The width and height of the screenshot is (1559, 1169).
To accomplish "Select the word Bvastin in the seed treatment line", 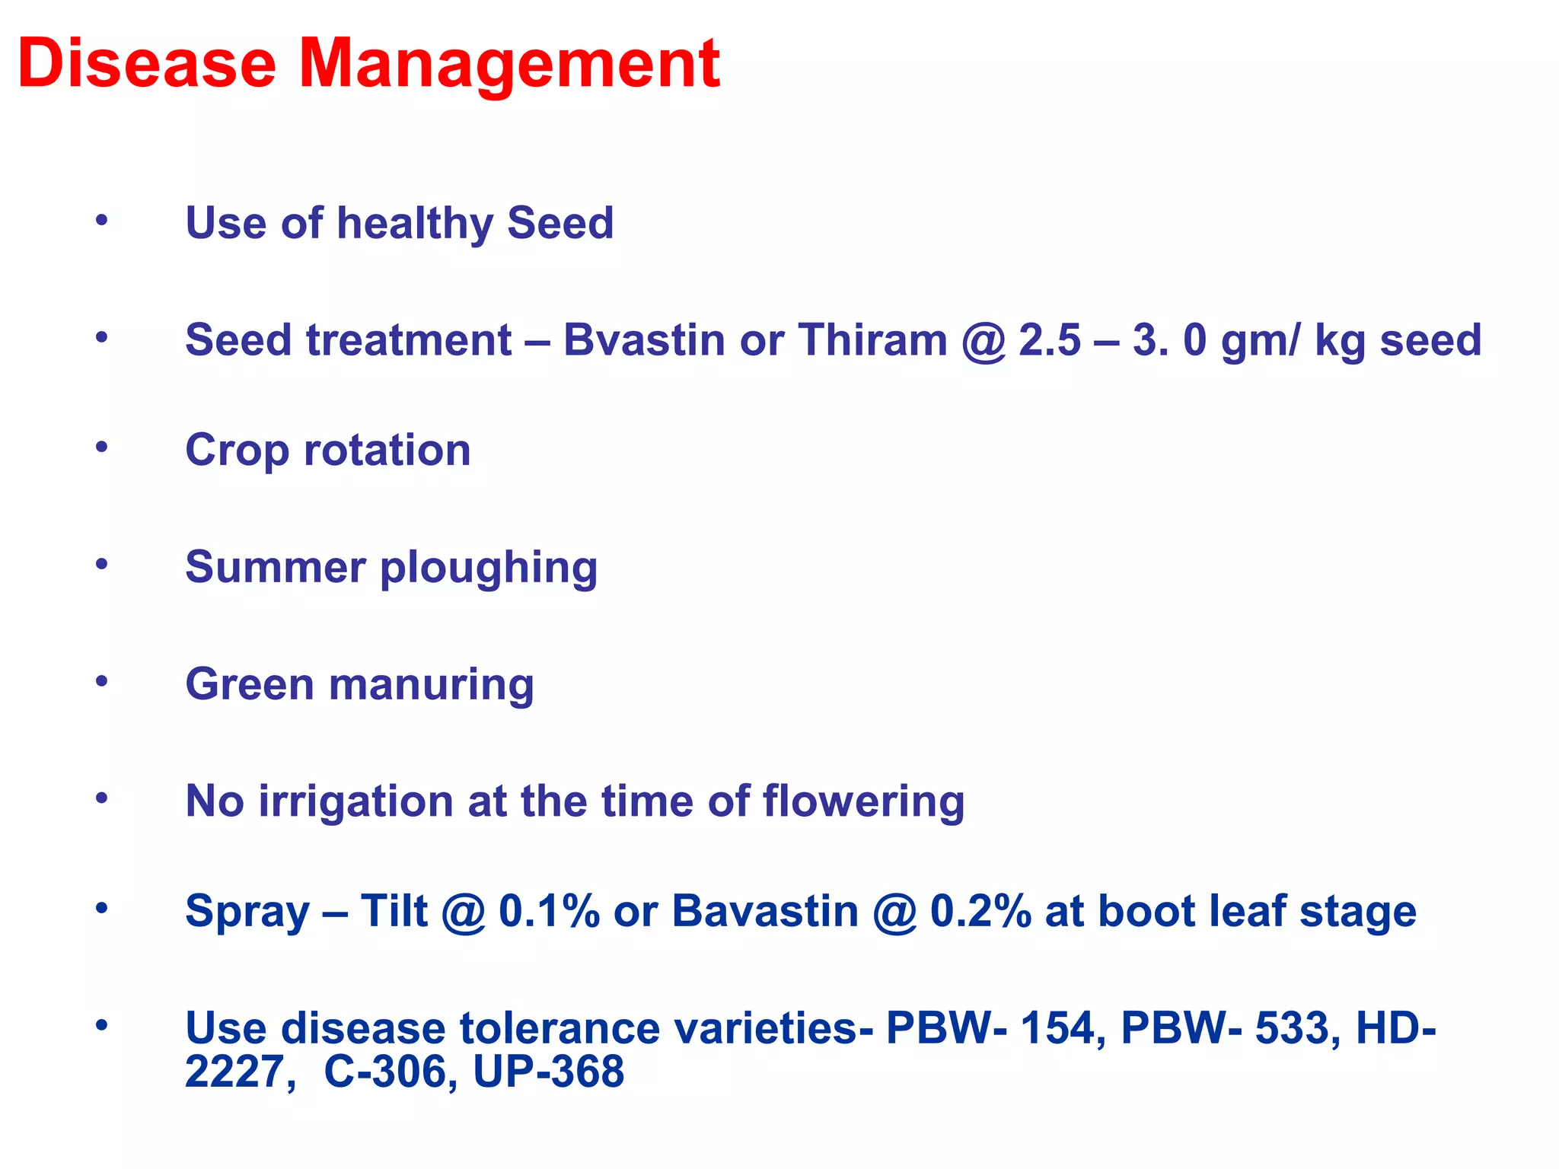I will [643, 339].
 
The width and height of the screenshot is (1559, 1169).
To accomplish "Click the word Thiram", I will [872, 339].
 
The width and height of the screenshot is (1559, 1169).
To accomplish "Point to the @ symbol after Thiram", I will [984, 341].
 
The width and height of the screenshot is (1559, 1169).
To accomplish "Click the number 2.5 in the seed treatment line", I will [1049, 339].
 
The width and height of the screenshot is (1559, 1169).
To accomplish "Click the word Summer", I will [276, 567].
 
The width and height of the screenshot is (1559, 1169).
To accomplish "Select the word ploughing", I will [489, 569].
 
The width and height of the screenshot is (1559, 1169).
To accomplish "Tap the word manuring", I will [431, 684].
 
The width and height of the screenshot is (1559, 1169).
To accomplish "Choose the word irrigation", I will [355, 801].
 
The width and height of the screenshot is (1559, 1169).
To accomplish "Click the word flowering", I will [863, 801].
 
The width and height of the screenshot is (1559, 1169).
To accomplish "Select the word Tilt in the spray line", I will [394, 911].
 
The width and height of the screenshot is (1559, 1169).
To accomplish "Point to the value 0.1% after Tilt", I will [549, 911].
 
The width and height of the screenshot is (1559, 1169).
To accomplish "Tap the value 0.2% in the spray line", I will [980, 911].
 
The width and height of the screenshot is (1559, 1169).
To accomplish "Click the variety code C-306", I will [384, 1072].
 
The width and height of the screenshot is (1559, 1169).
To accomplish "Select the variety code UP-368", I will [548, 1072].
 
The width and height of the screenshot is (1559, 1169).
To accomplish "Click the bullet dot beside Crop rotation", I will [102, 448].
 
